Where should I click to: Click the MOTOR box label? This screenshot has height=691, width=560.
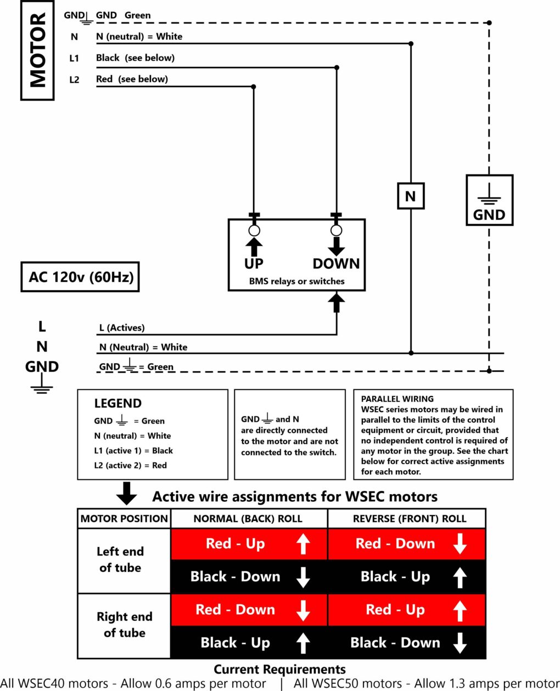tap(37, 50)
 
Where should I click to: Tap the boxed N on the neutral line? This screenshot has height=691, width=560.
tap(410, 196)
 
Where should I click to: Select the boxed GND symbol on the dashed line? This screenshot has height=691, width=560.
tap(489, 200)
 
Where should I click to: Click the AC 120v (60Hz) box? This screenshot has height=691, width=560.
tap(80, 277)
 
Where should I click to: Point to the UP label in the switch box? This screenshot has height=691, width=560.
tap(254, 264)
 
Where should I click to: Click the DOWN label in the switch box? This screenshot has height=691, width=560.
tap(336, 264)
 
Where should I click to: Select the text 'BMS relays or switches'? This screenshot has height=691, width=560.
tap(296, 281)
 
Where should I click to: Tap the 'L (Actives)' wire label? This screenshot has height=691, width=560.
tap(122, 328)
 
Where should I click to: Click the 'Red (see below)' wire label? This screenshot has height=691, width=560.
tap(132, 79)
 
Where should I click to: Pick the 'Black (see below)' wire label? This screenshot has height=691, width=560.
tap(135, 58)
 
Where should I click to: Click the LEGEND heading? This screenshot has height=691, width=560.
tap(117, 404)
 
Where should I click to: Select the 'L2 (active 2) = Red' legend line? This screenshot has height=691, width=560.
tap(130, 466)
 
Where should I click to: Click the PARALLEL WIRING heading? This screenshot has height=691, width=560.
tap(397, 399)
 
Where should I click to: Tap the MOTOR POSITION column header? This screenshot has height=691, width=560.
tap(124, 519)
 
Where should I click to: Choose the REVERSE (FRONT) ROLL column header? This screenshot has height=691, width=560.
tap(410, 519)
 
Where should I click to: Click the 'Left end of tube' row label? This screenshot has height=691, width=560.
tap(120, 559)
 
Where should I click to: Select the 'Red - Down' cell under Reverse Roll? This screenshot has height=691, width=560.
tap(407, 544)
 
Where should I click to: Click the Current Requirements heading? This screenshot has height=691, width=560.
tap(279, 670)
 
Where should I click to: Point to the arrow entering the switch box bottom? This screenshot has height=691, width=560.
tap(337, 302)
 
